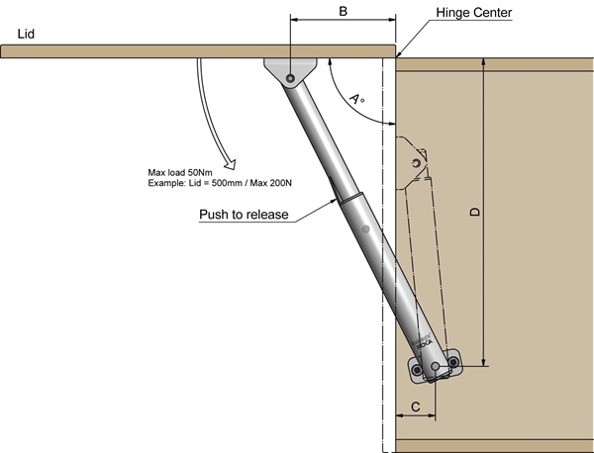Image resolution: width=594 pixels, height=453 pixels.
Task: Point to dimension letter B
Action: coord(343,11)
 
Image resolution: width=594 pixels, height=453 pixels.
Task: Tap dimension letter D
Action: coord(474,214)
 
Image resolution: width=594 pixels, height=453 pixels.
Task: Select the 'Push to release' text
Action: coord(242,215)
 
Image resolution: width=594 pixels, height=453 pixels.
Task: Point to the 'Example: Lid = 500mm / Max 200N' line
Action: coord(213,186)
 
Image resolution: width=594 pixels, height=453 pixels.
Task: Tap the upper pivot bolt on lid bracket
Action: coord(289,78)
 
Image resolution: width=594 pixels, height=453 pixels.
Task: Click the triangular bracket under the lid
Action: coord(290,69)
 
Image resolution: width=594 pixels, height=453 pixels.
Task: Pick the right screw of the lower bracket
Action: coord(453,362)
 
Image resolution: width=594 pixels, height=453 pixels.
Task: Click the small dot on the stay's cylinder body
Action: coord(365,230)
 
